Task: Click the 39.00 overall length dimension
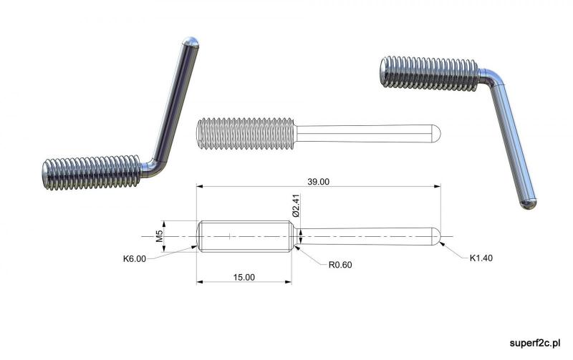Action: (318, 182)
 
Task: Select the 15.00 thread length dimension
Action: (244, 277)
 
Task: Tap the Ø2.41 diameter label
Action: (296, 205)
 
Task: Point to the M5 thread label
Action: (159, 236)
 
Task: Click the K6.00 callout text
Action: (135, 259)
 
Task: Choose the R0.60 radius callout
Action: (340, 265)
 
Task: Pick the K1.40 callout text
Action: (481, 258)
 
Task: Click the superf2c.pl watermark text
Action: (535, 344)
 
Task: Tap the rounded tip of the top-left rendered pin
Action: (191, 42)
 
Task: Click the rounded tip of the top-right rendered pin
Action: (528, 204)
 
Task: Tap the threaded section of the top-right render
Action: (428, 74)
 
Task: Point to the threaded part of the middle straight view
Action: (246, 134)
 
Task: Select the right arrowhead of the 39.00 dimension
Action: (437, 186)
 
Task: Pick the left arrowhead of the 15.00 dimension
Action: (200, 282)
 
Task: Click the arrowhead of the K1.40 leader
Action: (443, 243)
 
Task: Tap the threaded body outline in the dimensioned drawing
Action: (246, 236)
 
